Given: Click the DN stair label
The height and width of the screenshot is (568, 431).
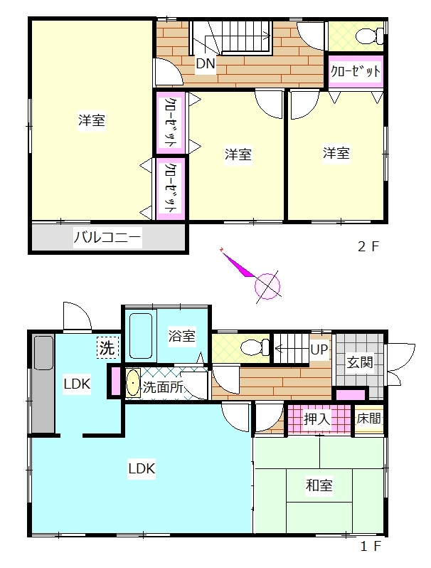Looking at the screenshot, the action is (206, 64).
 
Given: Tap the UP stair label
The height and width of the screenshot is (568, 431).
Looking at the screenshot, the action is (319, 350).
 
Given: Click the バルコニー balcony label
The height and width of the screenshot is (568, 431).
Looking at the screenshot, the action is (107, 238).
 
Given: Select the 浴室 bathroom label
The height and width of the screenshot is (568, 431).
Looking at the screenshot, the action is (181, 335).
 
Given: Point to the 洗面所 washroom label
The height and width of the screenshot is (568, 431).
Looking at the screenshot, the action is (163, 387).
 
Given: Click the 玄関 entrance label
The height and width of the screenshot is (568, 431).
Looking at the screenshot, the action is (360, 362).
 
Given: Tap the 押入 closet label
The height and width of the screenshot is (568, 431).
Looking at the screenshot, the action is (317, 419).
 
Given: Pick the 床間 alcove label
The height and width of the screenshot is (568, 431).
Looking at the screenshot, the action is (368, 419).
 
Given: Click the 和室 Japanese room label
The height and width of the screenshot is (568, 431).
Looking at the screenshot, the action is (319, 485).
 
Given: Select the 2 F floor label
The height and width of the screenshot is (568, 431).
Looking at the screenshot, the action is (368, 247).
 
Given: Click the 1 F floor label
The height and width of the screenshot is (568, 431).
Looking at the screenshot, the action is (371, 546).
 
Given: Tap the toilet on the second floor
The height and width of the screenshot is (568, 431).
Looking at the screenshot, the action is (369, 36).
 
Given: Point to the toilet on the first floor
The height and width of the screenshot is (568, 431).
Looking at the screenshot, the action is (255, 348).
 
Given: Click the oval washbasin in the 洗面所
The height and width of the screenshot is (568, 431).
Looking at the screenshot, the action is (133, 383).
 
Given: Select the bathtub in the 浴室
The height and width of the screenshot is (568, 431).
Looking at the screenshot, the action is (140, 335).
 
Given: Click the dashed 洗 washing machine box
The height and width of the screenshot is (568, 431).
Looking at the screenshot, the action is (107, 348).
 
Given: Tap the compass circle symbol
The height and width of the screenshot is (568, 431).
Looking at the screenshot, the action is (267, 286).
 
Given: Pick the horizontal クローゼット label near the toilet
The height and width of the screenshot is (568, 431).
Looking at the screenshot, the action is (356, 71).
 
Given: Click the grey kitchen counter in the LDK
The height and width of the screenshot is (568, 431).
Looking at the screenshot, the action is (43, 384).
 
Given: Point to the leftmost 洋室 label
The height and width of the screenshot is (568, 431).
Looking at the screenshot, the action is (92, 120).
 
